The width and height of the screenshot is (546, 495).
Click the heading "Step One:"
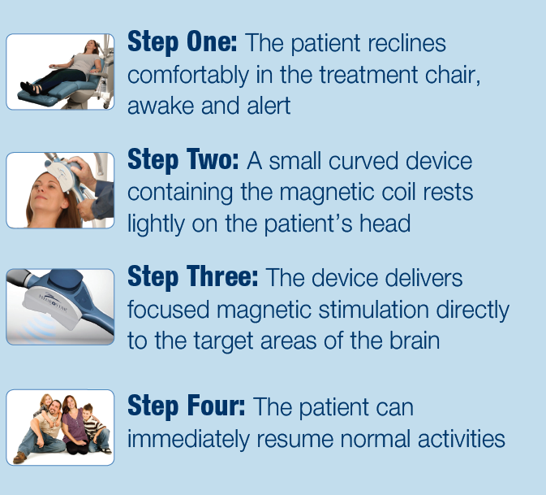(x=182, y=42)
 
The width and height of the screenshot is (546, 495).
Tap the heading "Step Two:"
(x=183, y=160)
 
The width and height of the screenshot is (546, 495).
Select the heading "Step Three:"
(x=193, y=277)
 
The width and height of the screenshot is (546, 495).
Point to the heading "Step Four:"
(x=187, y=406)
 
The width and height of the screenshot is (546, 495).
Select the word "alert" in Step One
(x=269, y=106)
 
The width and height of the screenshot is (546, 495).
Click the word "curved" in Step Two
(x=363, y=161)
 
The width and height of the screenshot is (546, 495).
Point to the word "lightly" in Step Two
(x=156, y=224)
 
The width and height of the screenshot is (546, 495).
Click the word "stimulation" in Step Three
(x=373, y=309)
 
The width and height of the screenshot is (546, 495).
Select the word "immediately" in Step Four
(x=188, y=439)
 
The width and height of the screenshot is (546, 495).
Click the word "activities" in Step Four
(x=462, y=438)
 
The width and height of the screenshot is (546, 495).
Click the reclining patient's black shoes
(x=31, y=88)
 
